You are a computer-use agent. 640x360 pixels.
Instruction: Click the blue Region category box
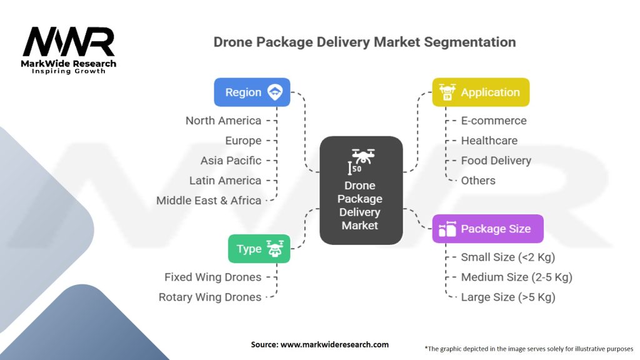(x=252, y=92)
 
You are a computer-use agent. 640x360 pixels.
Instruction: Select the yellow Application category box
(x=481, y=92)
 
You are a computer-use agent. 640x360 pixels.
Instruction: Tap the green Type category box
(x=259, y=249)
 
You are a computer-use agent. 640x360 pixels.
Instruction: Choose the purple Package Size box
(x=487, y=229)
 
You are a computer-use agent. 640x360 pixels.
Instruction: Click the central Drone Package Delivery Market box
(x=361, y=190)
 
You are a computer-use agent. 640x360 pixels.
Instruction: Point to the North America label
(x=223, y=121)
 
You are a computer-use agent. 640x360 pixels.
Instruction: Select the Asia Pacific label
(x=231, y=161)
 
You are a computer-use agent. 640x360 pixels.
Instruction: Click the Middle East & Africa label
(x=209, y=201)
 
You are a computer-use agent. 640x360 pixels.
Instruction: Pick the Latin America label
(x=225, y=181)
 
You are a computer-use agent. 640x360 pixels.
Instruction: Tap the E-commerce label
(x=494, y=121)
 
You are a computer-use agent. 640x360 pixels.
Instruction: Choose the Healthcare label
(x=489, y=141)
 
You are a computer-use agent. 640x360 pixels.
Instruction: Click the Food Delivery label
(x=496, y=161)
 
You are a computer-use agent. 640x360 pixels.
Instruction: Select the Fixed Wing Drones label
(x=212, y=277)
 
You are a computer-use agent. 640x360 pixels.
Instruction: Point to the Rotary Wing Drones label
(x=210, y=297)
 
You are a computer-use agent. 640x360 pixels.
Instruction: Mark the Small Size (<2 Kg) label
(x=508, y=257)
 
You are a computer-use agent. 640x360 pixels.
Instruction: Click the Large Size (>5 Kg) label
(x=508, y=297)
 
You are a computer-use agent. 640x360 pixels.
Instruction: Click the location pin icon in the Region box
(x=275, y=92)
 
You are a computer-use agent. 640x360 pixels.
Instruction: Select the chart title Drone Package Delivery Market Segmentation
(x=364, y=42)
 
